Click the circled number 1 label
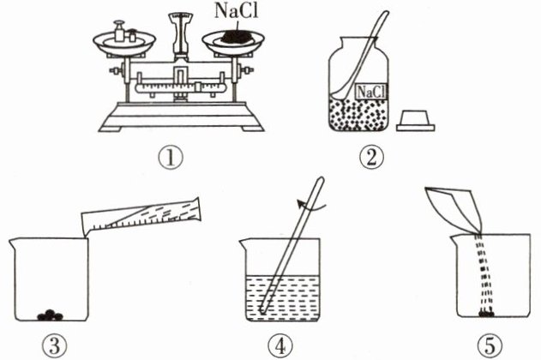tap(171, 159)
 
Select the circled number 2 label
tap(371, 158)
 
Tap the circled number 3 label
tap(55, 346)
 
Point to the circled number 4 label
tap(280, 346)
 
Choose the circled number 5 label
tap(490, 346)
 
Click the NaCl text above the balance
tap(237, 10)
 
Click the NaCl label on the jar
tap(370, 92)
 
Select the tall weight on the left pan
tap(119, 31)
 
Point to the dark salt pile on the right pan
tap(236, 37)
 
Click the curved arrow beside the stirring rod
tap(311, 205)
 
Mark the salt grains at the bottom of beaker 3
tap(51, 315)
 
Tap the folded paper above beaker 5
tap(454, 209)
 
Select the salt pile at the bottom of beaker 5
tap(486, 314)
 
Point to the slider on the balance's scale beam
tap(198, 87)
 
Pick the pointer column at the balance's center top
tap(180, 37)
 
